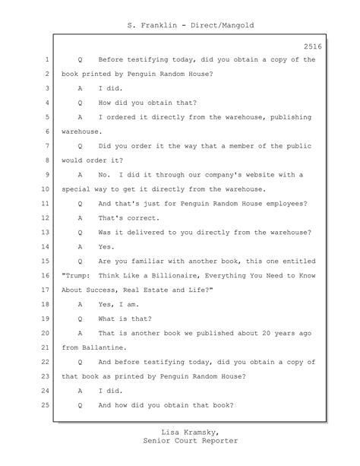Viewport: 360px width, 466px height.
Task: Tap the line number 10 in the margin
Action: [46, 189]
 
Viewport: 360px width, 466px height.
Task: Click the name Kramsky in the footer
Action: [202, 433]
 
